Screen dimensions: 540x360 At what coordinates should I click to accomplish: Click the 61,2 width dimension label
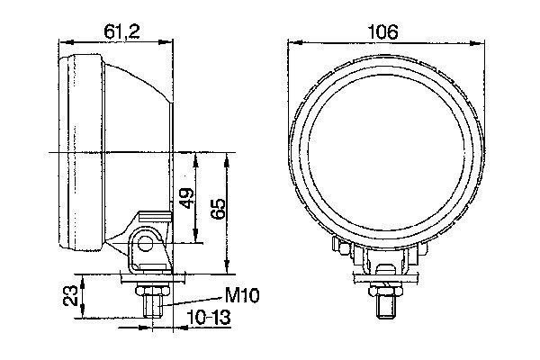coord(121,32)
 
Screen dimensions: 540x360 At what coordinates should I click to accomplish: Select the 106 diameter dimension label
coord(382,32)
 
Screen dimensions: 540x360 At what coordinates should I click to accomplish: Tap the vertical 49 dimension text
coord(188,198)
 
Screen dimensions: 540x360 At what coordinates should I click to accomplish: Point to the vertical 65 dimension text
coord(219,209)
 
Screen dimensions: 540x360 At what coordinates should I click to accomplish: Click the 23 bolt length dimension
coord(71,295)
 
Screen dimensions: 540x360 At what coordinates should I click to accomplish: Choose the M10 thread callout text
coord(242,295)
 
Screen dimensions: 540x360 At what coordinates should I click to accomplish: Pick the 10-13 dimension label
coord(209,317)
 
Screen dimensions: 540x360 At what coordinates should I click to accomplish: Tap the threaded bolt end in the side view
coord(153,307)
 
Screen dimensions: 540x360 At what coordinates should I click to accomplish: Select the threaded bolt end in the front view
coord(385,307)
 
